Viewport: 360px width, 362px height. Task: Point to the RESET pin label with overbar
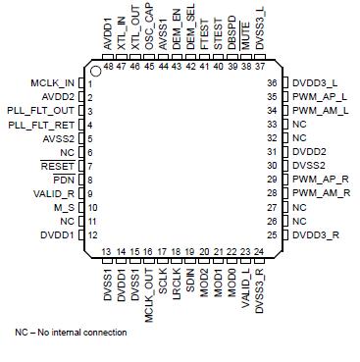(58, 167)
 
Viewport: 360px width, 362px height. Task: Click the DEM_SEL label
(189, 31)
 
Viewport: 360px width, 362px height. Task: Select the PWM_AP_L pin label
(317, 97)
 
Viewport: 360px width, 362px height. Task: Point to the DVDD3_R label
(315, 235)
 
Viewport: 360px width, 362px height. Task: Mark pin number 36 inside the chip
(273, 83)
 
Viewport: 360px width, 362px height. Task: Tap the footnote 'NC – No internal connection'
(71, 333)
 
